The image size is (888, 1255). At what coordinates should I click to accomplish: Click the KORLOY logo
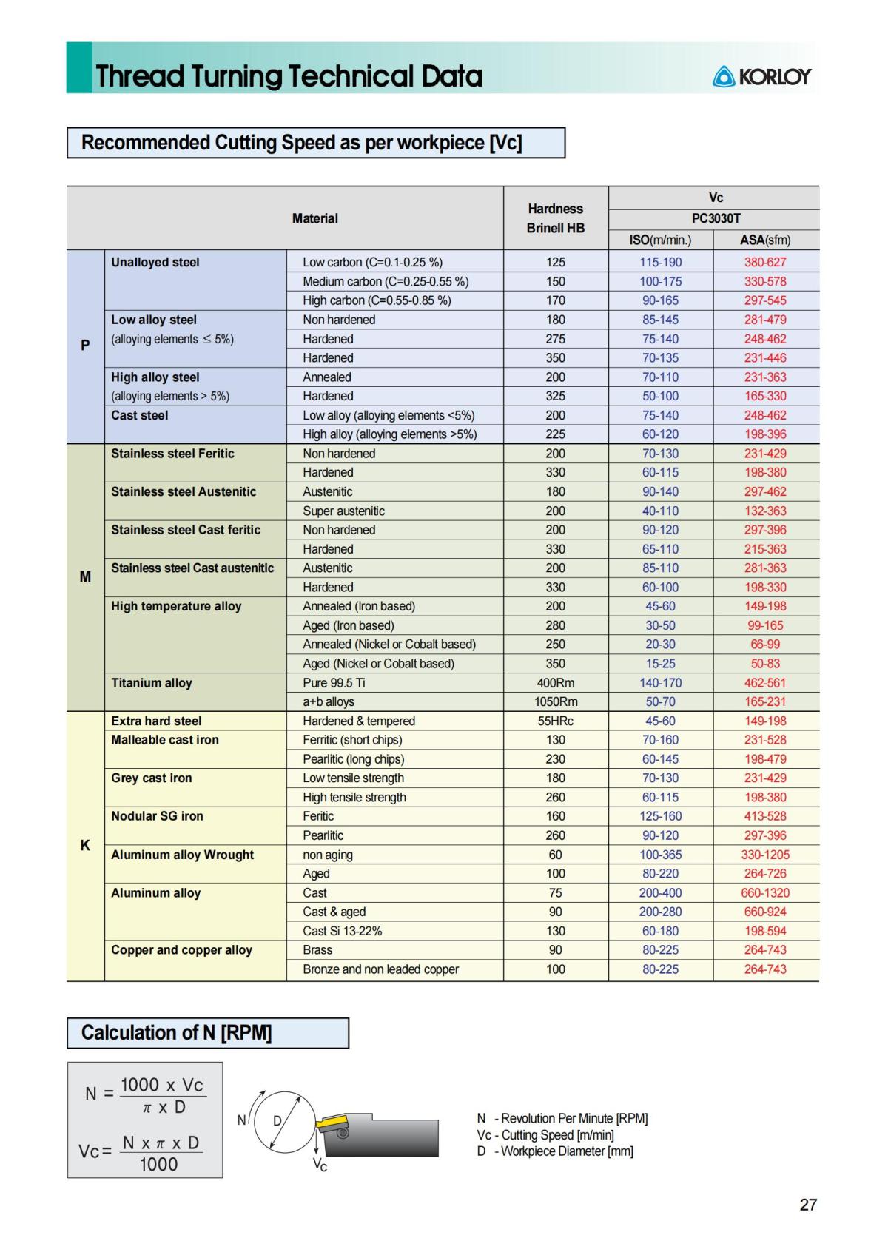761,76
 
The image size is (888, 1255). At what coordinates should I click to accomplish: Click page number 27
808,1205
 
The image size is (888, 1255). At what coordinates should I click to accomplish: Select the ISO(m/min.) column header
660,240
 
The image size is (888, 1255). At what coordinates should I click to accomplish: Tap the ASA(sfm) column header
765,240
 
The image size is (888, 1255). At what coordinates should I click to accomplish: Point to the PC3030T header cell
715,219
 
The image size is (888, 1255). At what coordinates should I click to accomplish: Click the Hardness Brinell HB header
555,218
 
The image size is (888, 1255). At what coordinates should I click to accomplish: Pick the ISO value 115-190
660,262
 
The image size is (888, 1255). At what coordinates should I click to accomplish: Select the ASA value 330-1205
765,855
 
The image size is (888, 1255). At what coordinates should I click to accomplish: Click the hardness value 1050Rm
555,701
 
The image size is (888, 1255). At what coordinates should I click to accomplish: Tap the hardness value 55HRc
555,721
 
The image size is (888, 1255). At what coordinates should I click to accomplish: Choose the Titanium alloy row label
152,683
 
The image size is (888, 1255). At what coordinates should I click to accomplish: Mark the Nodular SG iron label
157,816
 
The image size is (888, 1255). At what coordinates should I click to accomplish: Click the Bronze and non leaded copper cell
380,969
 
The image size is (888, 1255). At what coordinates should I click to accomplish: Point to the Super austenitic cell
343,511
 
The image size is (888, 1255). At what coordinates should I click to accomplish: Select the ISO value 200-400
660,893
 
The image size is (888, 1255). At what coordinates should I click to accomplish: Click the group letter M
85,576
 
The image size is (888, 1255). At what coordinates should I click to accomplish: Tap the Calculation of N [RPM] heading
176,1033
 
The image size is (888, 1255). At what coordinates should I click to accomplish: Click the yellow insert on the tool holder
331,1123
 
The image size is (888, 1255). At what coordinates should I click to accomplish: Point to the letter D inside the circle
277,1121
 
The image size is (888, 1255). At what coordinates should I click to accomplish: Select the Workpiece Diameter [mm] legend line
555,1151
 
